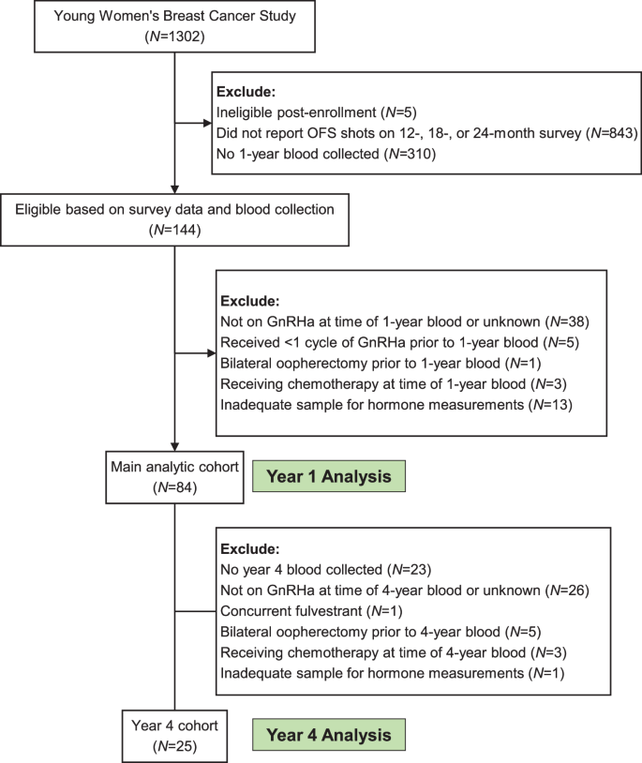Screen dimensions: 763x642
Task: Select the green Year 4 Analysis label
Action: [x=326, y=732]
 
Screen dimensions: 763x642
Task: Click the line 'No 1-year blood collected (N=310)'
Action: [x=323, y=151]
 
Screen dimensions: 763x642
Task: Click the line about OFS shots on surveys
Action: [x=426, y=131]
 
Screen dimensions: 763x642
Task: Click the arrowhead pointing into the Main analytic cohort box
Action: [x=175, y=451]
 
